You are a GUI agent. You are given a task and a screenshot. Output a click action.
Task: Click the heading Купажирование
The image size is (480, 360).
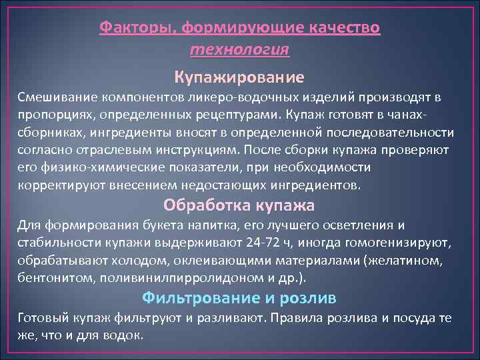click(239, 77)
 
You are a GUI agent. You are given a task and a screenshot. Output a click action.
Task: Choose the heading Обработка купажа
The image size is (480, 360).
click(239, 205)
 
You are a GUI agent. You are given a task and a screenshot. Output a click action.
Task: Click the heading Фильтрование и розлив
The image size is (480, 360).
click(239, 297)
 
